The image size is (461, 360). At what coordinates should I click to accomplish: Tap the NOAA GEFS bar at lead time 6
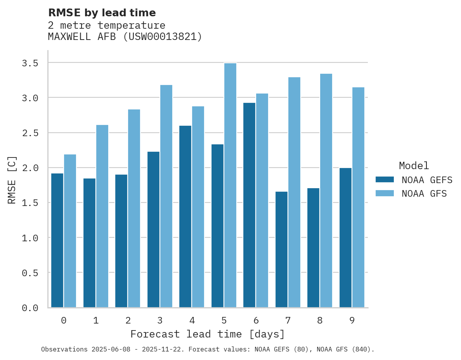(250, 205)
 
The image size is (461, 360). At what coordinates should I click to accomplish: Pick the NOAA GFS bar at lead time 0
(70, 231)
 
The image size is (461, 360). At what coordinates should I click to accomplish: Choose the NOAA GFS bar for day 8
(326, 190)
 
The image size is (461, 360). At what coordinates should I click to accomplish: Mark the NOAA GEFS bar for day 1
(89, 243)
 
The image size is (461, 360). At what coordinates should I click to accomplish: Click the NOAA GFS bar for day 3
(166, 196)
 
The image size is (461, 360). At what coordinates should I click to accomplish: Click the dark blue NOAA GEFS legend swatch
(385, 180)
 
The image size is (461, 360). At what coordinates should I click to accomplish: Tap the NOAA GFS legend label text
(424, 194)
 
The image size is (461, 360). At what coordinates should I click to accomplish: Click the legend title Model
(414, 166)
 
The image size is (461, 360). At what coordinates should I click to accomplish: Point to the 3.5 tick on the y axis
(30, 63)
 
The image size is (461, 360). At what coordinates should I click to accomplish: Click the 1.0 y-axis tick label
(30, 238)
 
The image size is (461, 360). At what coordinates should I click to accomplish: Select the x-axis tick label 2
(128, 320)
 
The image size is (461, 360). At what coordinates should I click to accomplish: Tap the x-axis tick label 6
(256, 320)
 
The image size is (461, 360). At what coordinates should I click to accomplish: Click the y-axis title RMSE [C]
(12, 180)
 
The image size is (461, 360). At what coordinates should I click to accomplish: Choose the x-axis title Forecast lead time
(208, 334)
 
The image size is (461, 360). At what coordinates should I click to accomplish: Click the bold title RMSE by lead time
(102, 13)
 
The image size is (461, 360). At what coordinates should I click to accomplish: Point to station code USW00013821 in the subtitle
(163, 37)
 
